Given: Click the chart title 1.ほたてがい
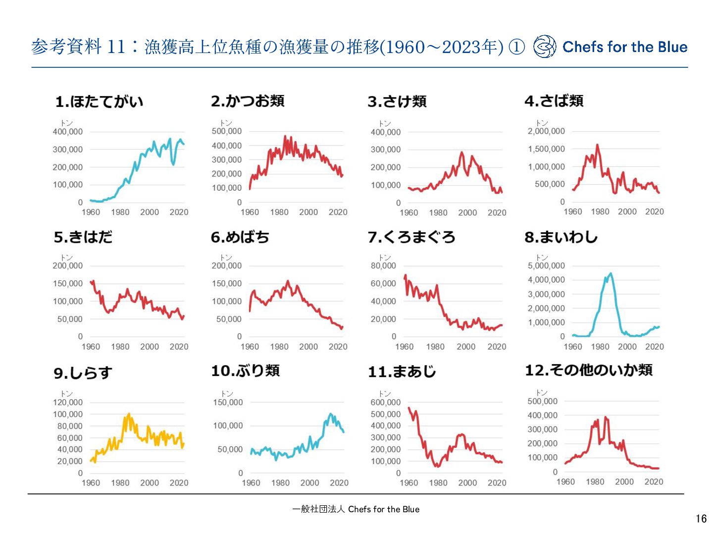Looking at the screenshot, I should point(99,102).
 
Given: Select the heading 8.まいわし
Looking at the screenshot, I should point(561,237).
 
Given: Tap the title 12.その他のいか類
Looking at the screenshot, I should point(589,370).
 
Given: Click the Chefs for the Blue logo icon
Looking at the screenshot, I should point(545,47).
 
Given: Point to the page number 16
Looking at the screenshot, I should point(701,519).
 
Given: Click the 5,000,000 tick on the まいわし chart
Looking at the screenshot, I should point(546,266).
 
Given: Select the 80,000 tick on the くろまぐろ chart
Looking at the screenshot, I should point(383,266).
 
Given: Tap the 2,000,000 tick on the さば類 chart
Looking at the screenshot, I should point(546,131).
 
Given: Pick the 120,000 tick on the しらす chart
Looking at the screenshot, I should point(68,402).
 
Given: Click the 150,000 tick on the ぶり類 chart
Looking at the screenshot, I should point(228,402).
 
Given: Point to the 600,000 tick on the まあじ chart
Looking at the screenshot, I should point(385,402).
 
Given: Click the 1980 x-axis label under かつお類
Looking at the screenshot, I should point(279,212).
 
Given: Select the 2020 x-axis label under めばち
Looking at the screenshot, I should point(338,347).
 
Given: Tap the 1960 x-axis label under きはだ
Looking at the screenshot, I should point(91,347).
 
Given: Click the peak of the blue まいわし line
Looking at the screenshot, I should point(611,273).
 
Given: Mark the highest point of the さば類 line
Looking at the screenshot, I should point(597,145).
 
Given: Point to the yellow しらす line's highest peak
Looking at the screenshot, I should point(129,414).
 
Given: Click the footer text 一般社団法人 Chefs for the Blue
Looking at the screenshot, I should point(356,509).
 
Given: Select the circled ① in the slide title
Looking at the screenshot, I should point(517,47).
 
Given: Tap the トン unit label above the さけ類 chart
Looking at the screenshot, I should point(385,123).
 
